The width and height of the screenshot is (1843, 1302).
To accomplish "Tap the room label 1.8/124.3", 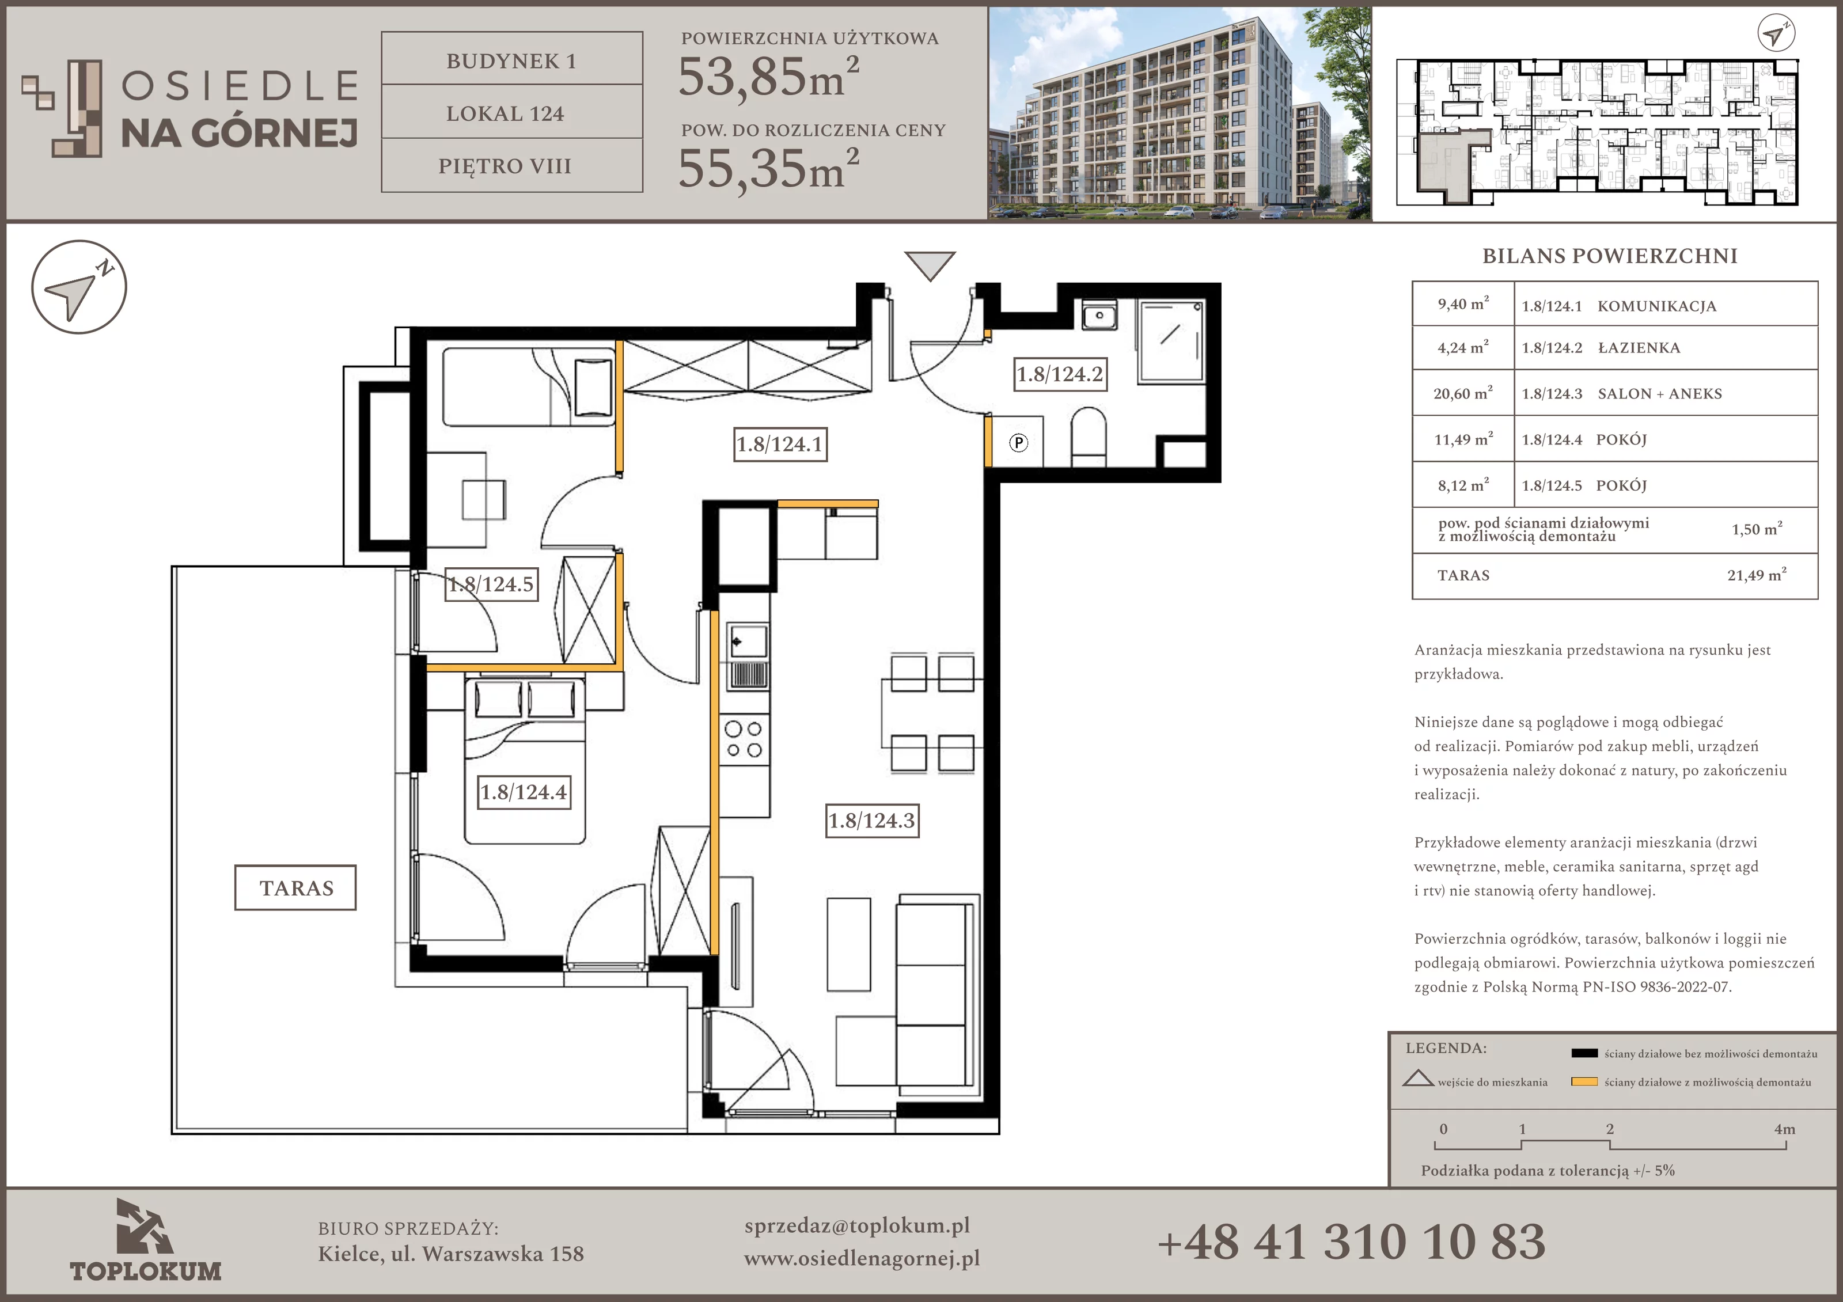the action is pyautogui.click(x=872, y=821).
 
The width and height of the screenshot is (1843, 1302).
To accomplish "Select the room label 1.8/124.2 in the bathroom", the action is pyautogui.click(x=1060, y=374).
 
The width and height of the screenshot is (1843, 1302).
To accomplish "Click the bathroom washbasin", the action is pyautogui.click(x=1099, y=316).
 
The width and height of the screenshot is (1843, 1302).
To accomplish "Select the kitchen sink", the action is pyautogui.click(x=746, y=656).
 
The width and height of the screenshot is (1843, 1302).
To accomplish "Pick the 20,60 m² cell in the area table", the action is pyautogui.click(x=1462, y=393).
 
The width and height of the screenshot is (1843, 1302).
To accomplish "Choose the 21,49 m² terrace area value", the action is pyautogui.click(x=1756, y=575).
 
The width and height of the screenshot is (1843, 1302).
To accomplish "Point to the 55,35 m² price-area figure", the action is pyautogui.click(x=768, y=167).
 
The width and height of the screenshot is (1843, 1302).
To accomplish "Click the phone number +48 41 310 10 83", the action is pyautogui.click(x=1351, y=1242).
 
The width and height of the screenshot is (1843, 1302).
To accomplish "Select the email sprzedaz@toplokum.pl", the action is pyautogui.click(x=856, y=1226).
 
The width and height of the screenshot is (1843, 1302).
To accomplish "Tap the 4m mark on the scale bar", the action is pyautogui.click(x=1784, y=1129).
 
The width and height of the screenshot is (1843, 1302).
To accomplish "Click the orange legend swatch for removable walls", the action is pyautogui.click(x=1584, y=1081).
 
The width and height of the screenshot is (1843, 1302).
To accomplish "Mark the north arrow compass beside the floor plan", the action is pyautogui.click(x=79, y=287).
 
